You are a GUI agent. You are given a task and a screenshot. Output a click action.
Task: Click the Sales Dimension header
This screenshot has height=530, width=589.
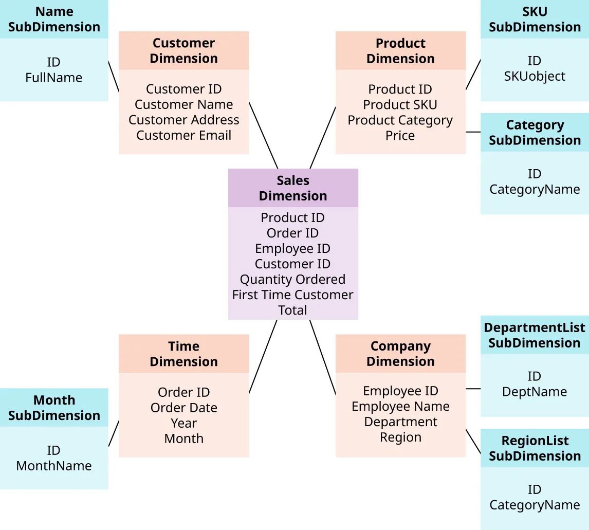point(293,188)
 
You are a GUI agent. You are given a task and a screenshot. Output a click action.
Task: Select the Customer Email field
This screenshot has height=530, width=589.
point(183,136)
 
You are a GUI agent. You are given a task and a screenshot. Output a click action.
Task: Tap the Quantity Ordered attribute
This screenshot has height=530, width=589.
point(292,280)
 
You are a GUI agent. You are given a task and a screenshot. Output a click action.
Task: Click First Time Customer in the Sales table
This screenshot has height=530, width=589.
point(292,295)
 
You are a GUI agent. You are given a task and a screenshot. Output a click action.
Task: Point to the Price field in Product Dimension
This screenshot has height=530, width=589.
point(400,136)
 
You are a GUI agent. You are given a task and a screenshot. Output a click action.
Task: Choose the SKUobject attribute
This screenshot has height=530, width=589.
point(535,77)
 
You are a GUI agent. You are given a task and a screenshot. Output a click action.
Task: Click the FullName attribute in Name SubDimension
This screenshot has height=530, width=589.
point(53,78)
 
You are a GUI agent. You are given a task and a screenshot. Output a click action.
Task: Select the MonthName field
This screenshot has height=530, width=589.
point(53,466)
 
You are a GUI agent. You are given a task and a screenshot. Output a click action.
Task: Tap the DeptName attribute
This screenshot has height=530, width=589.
point(535,392)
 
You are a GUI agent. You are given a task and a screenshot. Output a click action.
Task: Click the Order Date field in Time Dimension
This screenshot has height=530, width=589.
point(183,408)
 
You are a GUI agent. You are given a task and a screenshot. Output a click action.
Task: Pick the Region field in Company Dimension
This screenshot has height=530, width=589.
point(400,437)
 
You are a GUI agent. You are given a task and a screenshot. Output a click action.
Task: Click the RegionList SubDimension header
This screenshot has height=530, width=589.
point(535,448)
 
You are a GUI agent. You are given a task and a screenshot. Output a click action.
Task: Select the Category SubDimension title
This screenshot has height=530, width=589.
point(535,133)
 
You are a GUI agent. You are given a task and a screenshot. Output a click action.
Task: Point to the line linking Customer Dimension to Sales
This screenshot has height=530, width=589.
point(263,135)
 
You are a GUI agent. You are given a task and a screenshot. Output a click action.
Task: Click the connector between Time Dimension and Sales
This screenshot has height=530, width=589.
point(263,357)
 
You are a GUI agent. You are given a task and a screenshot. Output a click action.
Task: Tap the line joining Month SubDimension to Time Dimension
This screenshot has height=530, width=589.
point(114,433)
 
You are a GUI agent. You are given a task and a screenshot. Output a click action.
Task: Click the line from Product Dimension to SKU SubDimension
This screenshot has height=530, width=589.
point(473,75)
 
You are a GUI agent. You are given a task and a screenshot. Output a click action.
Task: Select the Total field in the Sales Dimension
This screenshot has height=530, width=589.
point(292,310)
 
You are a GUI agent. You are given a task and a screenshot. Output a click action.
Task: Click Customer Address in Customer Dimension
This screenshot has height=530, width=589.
point(183,120)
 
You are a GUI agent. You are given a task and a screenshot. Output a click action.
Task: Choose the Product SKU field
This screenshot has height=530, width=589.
point(400,105)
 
